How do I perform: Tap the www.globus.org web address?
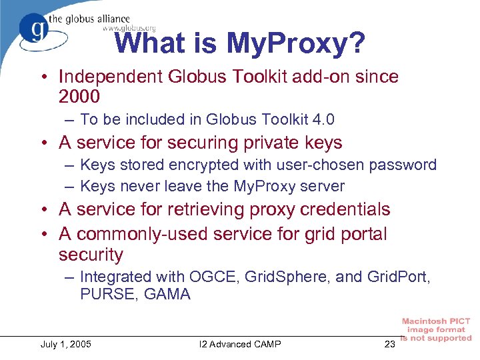pyautogui.click(x=129, y=28)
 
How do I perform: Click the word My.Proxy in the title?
pyautogui.click(x=296, y=44)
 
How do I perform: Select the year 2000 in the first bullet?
pyautogui.click(x=79, y=97)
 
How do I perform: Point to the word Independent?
pyautogui.click(x=110, y=77)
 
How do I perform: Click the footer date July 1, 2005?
pyautogui.click(x=66, y=344)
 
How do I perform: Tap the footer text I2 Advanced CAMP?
pyautogui.click(x=240, y=344)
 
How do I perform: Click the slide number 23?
pyautogui.click(x=389, y=344)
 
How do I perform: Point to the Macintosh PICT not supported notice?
pyautogui.click(x=436, y=329)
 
